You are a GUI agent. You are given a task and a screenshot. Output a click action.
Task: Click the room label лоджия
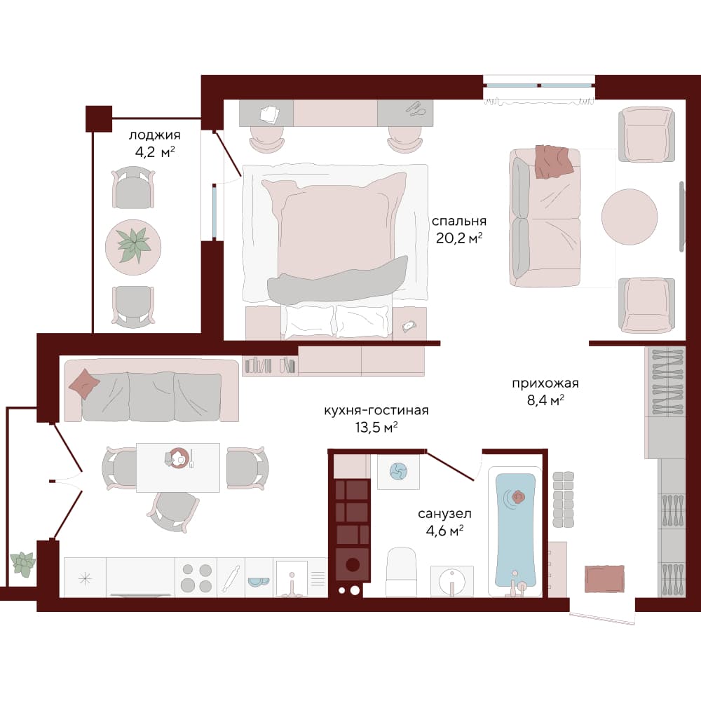pyautogui.click(x=155, y=135)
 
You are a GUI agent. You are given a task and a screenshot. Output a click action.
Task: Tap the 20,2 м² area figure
pyautogui.click(x=459, y=238)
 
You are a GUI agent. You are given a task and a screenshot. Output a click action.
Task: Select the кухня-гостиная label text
pyautogui.click(x=376, y=410)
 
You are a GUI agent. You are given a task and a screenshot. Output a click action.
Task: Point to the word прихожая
pyautogui.click(x=545, y=383)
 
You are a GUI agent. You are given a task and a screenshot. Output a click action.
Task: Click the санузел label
pyautogui.click(x=444, y=514)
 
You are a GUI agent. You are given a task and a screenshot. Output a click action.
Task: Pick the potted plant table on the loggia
pyautogui.click(x=133, y=247)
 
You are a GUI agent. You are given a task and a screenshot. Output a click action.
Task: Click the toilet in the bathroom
pyautogui.click(x=401, y=571)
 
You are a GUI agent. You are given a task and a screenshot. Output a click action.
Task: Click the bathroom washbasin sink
pyautogui.click(x=452, y=581)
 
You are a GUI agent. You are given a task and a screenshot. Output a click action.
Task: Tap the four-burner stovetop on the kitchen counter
pyautogui.click(x=196, y=578)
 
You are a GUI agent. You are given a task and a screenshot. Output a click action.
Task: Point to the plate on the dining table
pyautogui.click(x=179, y=458)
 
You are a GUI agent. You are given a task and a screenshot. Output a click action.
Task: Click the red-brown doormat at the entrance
pyautogui.click(x=604, y=579)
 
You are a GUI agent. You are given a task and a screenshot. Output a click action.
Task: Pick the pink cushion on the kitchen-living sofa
pyautogui.click(x=85, y=383)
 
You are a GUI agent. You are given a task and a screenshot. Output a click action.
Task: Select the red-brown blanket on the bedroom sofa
pyautogui.click(x=554, y=161)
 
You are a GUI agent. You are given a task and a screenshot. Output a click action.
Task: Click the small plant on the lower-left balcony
pyautogui.click(x=22, y=564)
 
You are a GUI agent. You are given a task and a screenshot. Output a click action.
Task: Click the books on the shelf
pyautogui.click(x=270, y=366)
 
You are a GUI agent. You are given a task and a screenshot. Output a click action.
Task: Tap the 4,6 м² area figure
pyautogui.click(x=444, y=531)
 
